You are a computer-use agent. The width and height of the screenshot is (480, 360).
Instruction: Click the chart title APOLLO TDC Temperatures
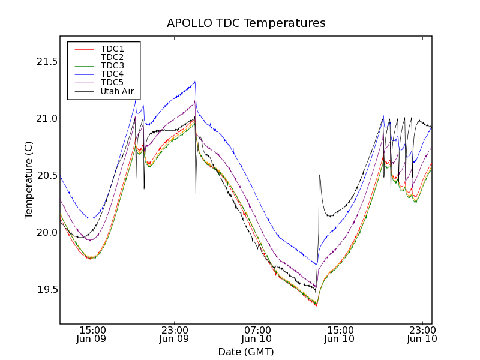[x=246, y=23]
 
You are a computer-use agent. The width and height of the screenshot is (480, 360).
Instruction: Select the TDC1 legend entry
[x=112, y=49]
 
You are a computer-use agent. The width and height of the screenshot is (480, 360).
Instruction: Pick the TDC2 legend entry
[x=112, y=57]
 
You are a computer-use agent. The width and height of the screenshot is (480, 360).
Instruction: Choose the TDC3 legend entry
[x=112, y=65]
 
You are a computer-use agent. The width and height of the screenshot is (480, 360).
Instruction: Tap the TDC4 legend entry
[x=112, y=74]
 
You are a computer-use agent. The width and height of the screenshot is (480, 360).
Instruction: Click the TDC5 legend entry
[x=112, y=82]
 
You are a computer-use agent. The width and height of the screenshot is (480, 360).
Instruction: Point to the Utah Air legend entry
[x=117, y=92]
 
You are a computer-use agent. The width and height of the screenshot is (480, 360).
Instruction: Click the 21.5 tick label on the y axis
[x=46, y=62]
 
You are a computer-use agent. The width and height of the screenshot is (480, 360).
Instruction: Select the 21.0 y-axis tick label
[x=46, y=119]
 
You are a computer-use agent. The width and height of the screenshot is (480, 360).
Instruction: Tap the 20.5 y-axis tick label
[x=46, y=176]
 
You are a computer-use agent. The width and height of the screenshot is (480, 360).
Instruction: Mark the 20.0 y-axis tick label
[x=46, y=233]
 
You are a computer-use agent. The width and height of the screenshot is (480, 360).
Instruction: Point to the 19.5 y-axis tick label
[x=46, y=290]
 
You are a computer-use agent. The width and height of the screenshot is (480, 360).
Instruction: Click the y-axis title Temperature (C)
[x=29, y=180]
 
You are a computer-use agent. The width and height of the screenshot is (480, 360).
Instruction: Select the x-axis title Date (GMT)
[x=246, y=352]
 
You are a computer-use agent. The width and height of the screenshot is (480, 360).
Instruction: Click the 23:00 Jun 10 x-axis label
[x=422, y=334]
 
